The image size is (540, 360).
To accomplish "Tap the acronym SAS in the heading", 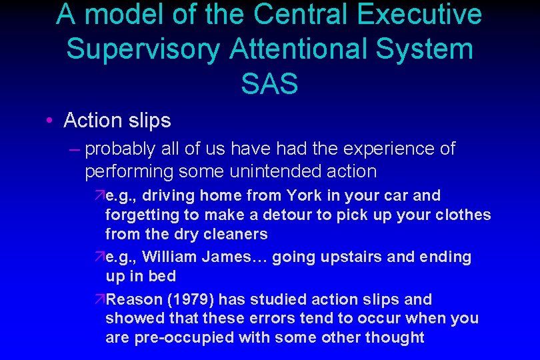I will point(269,84).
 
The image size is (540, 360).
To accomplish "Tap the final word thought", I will point(395,337).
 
